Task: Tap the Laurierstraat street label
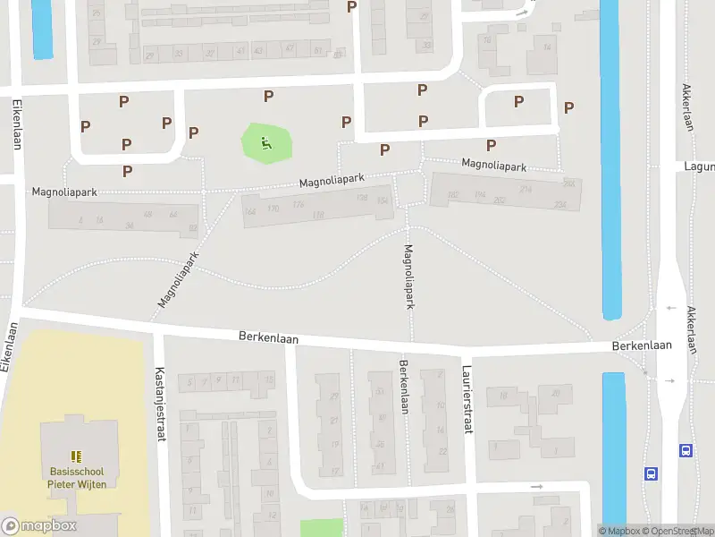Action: coord(466,399)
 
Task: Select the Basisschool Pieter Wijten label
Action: coord(76,478)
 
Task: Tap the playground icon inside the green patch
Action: coord(266,142)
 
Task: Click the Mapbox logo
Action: coord(40,526)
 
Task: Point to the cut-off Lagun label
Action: coord(699,166)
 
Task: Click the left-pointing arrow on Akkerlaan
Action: coord(671,307)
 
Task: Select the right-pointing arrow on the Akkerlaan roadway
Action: coord(670,380)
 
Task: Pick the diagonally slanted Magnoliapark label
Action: coord(178,279)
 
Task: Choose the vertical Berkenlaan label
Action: coord(404,386)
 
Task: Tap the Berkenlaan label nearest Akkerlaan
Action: coord(642,345)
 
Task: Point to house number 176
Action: coord(297,205)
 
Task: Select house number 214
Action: coord(526,190)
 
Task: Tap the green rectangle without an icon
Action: coord(321,528)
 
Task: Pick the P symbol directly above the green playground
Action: coord(267,97)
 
